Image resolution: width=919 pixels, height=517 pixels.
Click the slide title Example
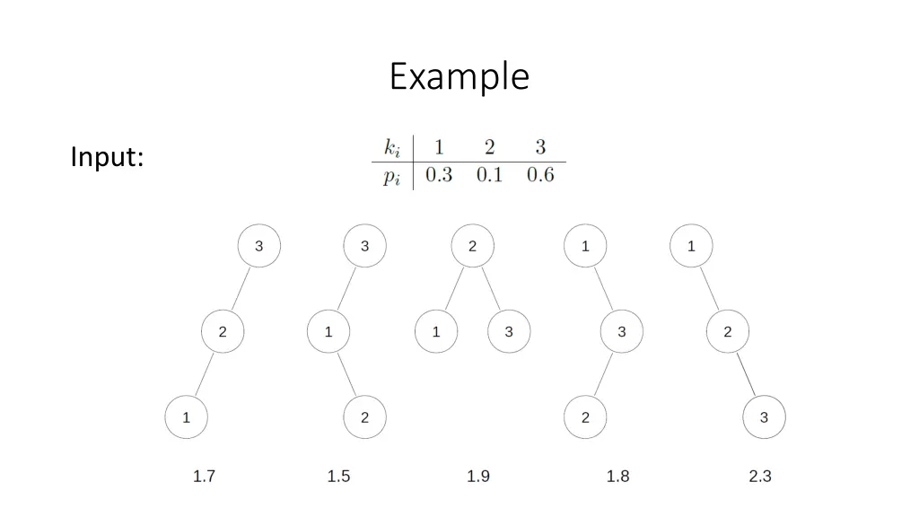click(x=459, y=77)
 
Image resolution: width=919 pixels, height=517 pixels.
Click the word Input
click(x=107, y=157)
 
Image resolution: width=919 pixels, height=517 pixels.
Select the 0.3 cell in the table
click(x=438, y=175)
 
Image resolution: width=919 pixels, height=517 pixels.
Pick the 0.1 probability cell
click(x=489, y=175)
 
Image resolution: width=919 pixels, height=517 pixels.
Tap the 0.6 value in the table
click(x=540, y=175)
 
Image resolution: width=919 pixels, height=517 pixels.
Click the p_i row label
click(x=392, y=177)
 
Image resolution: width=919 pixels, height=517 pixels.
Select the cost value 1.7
click(x=204, y=477)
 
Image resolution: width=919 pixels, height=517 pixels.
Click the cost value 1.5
click(x=338, y=477)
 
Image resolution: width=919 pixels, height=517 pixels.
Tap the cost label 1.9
click(x=478, y=477)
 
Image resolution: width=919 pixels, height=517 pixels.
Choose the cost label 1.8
click(x=617, y=477)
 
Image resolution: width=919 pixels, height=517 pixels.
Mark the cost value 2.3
click(x=760, y=477)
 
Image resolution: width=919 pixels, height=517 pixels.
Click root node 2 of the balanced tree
click(x=473, y=247)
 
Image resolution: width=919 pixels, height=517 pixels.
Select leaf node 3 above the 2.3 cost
click(x=764, y=417)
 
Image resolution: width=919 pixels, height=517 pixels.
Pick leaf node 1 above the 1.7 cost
click(x=186, y=417)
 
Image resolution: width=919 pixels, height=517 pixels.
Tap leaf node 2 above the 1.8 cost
click(x=585, y=417)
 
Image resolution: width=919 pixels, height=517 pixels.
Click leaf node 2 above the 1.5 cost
click(x=364, y=417)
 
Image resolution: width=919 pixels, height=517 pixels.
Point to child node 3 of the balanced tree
click(x=509, y=332)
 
